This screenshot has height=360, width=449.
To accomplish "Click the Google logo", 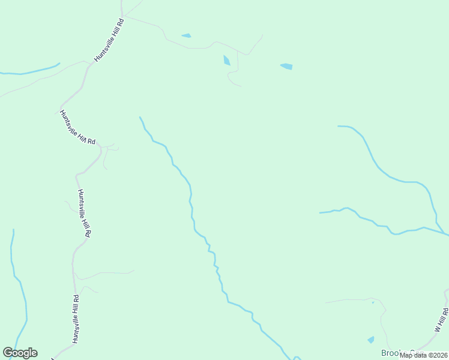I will [20, 353].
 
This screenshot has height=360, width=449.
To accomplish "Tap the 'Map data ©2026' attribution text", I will [424, 355].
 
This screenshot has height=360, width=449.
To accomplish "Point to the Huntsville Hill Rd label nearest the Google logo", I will [76, 319].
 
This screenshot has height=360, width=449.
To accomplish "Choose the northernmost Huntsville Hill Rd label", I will [109, 40].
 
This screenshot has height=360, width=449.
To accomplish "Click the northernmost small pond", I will [186, 35].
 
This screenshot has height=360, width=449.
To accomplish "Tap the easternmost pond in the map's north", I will [286, 66].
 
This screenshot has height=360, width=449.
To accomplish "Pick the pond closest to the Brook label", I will [370, 340].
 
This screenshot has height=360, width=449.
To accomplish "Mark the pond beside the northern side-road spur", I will [226, 60].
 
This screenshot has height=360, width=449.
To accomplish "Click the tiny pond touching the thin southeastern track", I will [373, 303].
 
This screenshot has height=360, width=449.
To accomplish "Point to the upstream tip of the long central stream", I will [140, 117].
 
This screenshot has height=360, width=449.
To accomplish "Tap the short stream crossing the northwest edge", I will [30, 71].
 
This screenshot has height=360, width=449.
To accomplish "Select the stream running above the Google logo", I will [19, 288].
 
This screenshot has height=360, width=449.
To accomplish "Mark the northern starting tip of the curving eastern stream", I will [339, 126].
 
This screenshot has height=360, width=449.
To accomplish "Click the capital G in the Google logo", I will [8, 353].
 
